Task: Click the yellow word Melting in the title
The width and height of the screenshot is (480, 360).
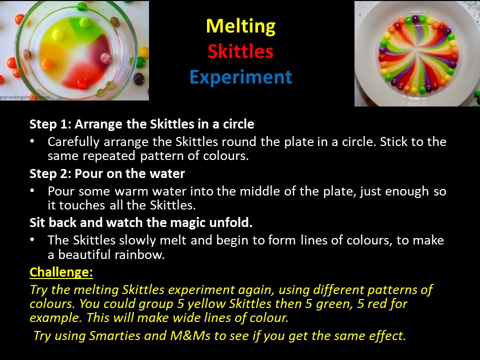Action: click(x=240, y=26)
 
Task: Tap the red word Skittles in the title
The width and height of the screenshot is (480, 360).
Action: click(x=240, y=51)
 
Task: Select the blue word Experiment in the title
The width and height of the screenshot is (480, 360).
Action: click(x=241, y=77)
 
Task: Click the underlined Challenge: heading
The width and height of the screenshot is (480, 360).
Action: click(x=61, y=272)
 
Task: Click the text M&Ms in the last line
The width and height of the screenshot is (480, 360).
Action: click(x=190, y=336)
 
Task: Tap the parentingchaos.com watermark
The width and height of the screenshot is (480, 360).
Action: click(x=24, y=97)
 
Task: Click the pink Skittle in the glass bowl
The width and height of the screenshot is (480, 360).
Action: click(x=106, y=58)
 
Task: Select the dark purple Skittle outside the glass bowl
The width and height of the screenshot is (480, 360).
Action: click(x=139, y=79)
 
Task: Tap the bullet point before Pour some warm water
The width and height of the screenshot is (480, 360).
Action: click(x=32, y=190)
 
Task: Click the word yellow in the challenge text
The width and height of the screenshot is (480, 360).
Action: click(x=206, y=304)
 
